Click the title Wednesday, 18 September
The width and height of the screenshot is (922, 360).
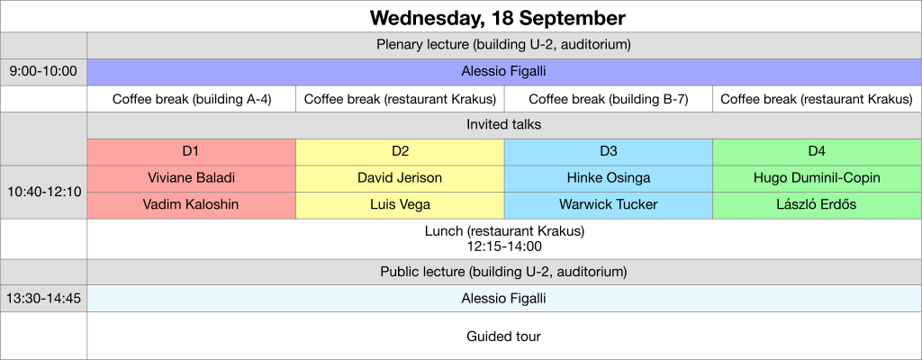tap(497, 18)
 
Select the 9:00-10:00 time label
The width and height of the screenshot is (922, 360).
tap(43, 71)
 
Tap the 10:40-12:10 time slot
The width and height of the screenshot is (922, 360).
tap(43, 192)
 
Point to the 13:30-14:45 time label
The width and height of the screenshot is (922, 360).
tap(43, 298)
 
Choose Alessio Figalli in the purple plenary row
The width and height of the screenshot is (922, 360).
tap(503, 71)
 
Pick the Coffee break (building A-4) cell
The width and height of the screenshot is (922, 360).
tap(191, 99)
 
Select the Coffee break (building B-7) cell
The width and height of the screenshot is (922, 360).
tap(608, 99)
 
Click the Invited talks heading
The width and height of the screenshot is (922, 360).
tap(503, 125)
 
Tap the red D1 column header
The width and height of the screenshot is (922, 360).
tap(191, 151)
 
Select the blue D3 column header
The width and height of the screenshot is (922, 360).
tap(608, 151)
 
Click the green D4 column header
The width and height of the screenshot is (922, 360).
tap(817, 151)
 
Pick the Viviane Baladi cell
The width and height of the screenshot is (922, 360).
tap(191, 178)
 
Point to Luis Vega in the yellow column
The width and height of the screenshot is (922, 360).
tap(400, 204)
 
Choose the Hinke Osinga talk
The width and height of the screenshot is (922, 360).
tap(608, 178)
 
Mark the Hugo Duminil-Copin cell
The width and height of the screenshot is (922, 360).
tap(817, 178)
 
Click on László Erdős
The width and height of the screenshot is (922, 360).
tap(817, 204)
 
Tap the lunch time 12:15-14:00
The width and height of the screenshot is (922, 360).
tap(503, 246)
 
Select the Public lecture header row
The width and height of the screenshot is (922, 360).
tap(503, 272)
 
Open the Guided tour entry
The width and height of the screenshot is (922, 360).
tap(503, 337)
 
